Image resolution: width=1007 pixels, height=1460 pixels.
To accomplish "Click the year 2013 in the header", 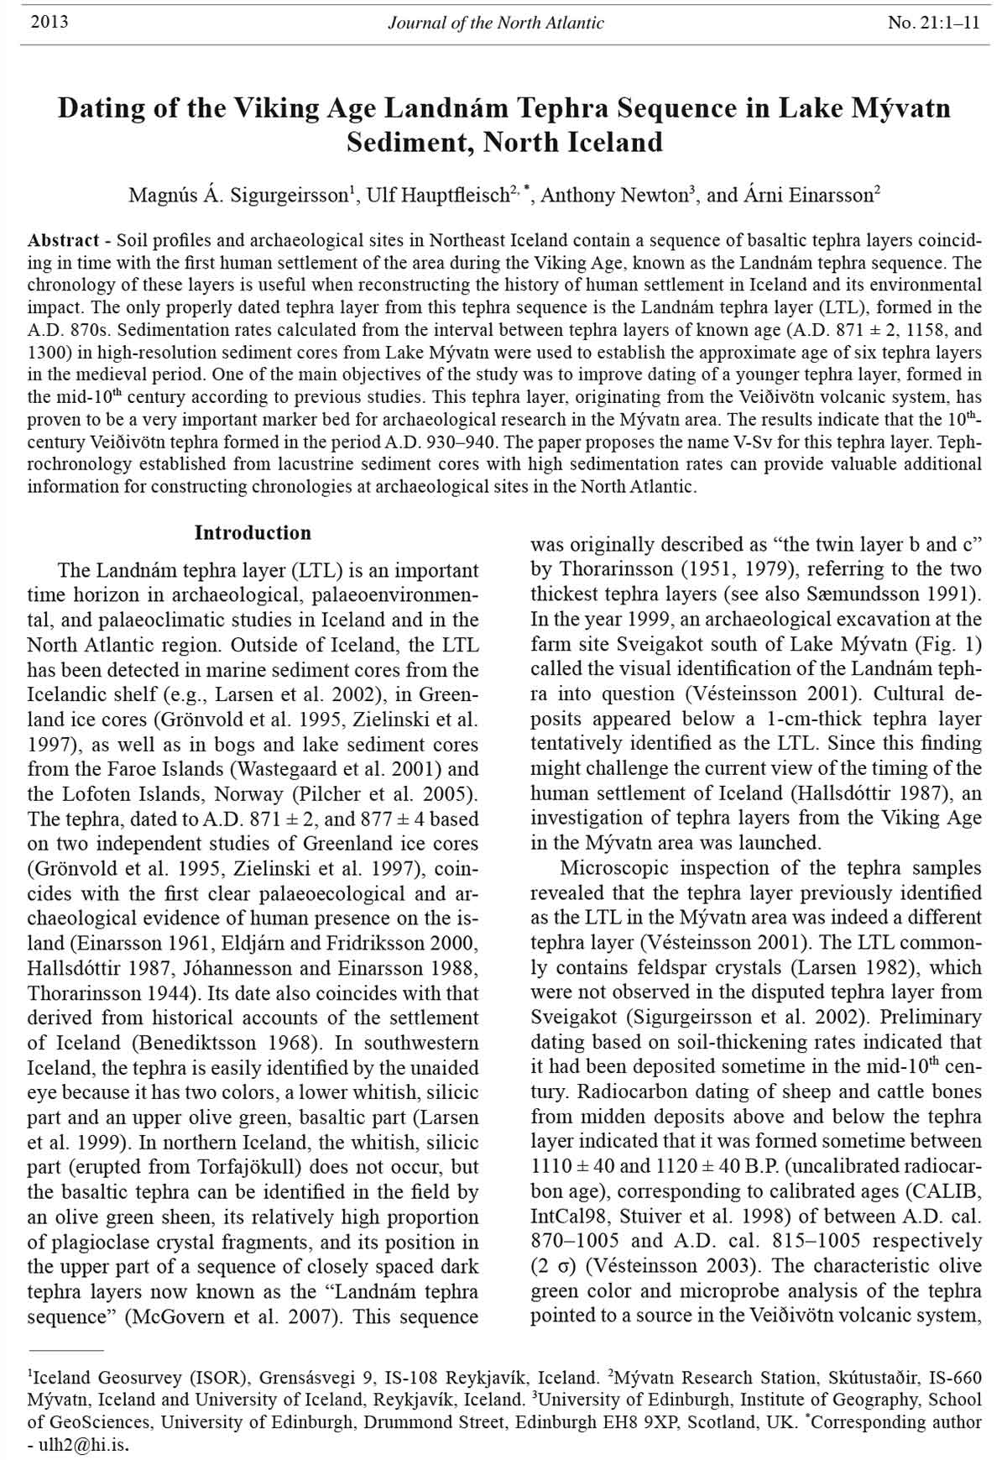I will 49,23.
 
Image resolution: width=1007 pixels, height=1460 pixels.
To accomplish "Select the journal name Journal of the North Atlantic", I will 495,23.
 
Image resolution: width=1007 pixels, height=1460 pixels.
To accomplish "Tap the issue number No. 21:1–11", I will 933,23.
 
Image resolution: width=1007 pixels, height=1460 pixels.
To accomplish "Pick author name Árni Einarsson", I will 806,196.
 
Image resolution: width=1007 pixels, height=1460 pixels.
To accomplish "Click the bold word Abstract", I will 64,240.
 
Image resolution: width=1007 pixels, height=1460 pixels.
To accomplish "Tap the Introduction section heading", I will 253,533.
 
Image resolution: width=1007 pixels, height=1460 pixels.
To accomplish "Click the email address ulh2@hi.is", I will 83,1446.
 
